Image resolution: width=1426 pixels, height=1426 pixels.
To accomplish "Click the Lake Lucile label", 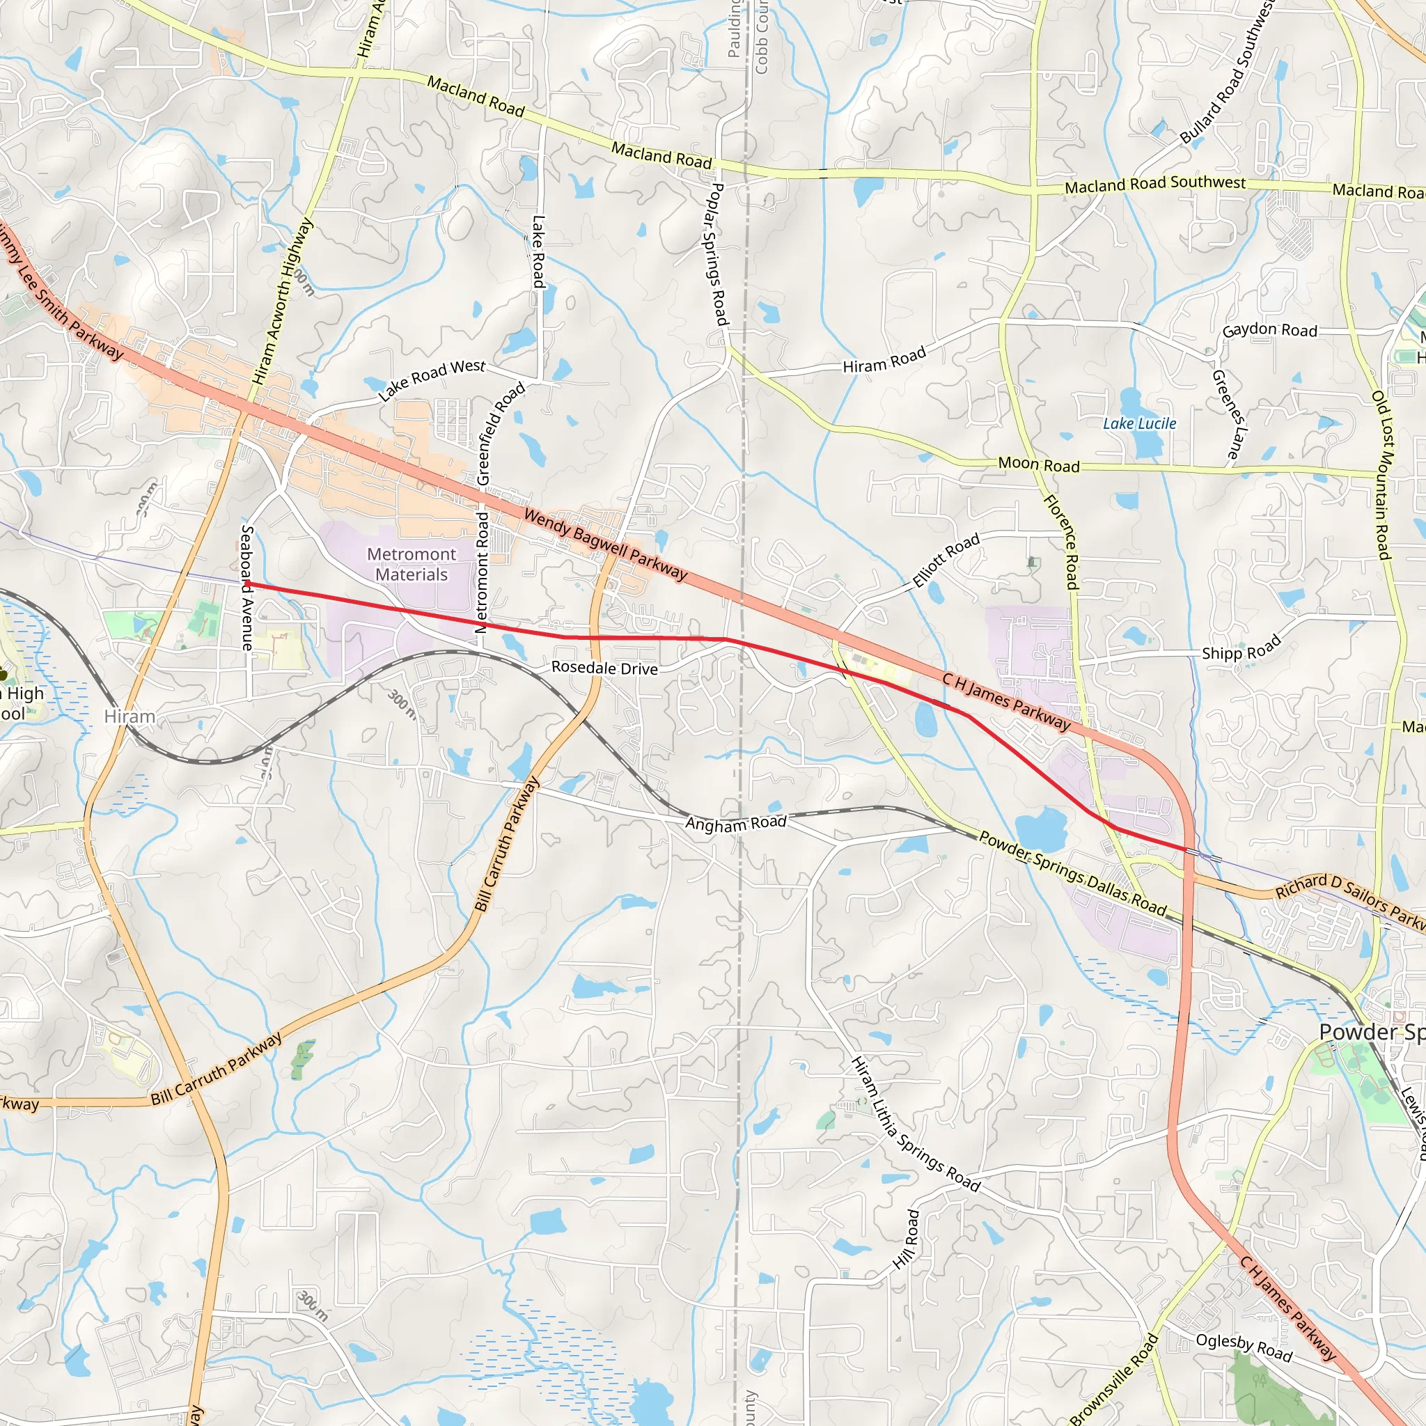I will pyautogui.click(x=1139, y=423).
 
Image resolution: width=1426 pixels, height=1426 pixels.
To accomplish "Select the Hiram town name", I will pyautogui.click(x=130, y=716).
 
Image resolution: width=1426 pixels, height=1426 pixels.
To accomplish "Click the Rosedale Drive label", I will pyautogui.click(x=604, y=667).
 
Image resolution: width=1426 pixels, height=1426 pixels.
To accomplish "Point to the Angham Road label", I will pyautogui.click(x=736, y=823).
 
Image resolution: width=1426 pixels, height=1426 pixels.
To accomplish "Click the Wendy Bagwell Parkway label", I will pyautogui.click(x=605, y=544).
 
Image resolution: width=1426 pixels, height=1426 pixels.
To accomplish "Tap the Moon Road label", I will pyautogui.click(x=1038, y=464).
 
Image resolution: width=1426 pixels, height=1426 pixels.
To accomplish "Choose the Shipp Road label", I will pyautogui.click(x=1241, y=650).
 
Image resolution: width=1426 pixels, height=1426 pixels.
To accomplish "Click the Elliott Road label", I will pyautogui.click(x=946, y=561).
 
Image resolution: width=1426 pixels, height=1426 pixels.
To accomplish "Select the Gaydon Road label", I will pyautogui.click(x=1269, y=330).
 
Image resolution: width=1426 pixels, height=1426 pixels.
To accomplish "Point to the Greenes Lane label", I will pyautogui.click(x=1229, y=414).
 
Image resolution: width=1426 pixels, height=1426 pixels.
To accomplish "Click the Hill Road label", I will pyautogui.click(x=907, y=1239).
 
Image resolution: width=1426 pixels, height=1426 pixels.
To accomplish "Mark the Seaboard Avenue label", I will pyautogui.click(x=247, y=588).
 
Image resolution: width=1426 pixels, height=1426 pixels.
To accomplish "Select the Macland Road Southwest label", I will pyautogui.click(x=1154, y=184).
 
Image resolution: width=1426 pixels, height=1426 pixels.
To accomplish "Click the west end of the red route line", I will pyautogui.click(x=246, y=583).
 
